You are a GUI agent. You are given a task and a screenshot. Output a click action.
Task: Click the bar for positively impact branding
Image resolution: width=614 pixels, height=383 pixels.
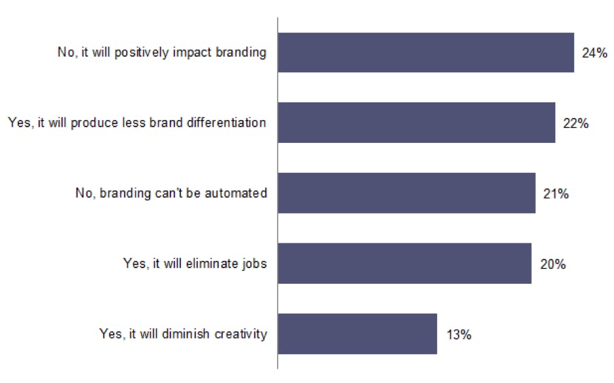(426, 52)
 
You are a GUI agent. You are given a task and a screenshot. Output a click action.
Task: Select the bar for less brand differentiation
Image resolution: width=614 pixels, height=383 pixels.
(417, 122)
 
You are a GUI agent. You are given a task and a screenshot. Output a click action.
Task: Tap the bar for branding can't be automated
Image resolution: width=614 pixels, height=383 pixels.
(406, 193)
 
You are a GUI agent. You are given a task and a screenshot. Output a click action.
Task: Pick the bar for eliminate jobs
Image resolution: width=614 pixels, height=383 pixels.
(404, 264)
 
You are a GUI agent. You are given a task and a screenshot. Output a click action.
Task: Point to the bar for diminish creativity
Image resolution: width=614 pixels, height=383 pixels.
(357, 334)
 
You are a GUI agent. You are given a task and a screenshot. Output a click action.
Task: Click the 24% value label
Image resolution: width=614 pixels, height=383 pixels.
(594, 52)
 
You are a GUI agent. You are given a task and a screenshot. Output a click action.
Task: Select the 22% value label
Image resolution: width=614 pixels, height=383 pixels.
(575, 123)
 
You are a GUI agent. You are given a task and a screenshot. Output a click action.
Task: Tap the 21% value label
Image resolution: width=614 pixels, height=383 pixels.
(556, 193)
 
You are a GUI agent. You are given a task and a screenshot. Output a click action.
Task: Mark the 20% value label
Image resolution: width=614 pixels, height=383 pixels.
(552, 264)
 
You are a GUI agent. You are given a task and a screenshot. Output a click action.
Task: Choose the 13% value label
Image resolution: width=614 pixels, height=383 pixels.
(458, 334)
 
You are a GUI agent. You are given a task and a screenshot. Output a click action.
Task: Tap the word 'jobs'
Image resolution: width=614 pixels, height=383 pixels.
(255, 264)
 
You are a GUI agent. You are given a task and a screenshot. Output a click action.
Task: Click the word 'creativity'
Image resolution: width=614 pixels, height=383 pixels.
(242, 334)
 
